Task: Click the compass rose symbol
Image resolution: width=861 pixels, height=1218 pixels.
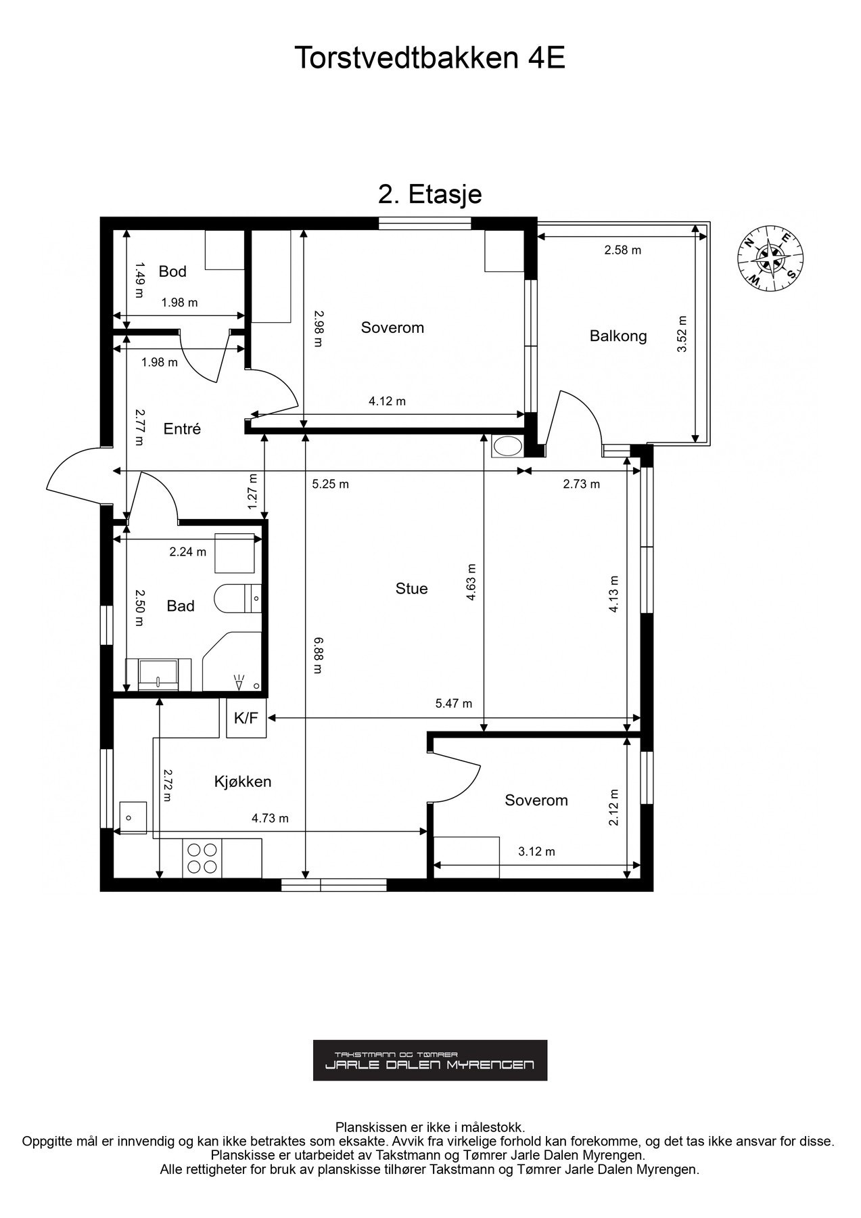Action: pos(770,257)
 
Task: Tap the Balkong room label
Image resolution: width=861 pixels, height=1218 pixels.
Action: pos(618,336)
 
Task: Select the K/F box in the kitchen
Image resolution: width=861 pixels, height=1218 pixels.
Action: pos(246,718)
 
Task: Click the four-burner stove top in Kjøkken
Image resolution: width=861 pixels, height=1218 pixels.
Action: pos(202,858)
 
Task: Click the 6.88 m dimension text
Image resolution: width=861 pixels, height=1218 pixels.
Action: pos(317,655)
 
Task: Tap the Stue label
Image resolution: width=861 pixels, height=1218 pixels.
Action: pos(411,589)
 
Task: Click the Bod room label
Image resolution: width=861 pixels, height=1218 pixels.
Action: pos(172,271)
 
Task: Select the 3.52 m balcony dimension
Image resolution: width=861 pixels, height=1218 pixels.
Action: pos(682,334)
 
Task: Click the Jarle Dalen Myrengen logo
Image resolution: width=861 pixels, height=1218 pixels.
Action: pos(430,1060)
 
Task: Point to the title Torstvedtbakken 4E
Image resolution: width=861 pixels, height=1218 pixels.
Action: pos(429,59)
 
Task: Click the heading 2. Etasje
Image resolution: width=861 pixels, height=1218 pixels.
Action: pos(429,194)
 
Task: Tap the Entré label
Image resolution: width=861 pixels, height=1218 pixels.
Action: pos(182,429)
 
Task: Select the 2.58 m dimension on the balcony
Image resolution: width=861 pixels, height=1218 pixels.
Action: pos(623,250)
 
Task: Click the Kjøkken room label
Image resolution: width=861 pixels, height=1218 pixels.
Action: pos(243,782)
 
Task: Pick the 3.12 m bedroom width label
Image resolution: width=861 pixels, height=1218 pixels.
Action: pos(536,852)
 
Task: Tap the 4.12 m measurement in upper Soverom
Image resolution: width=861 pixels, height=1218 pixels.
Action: pos(387,401)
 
